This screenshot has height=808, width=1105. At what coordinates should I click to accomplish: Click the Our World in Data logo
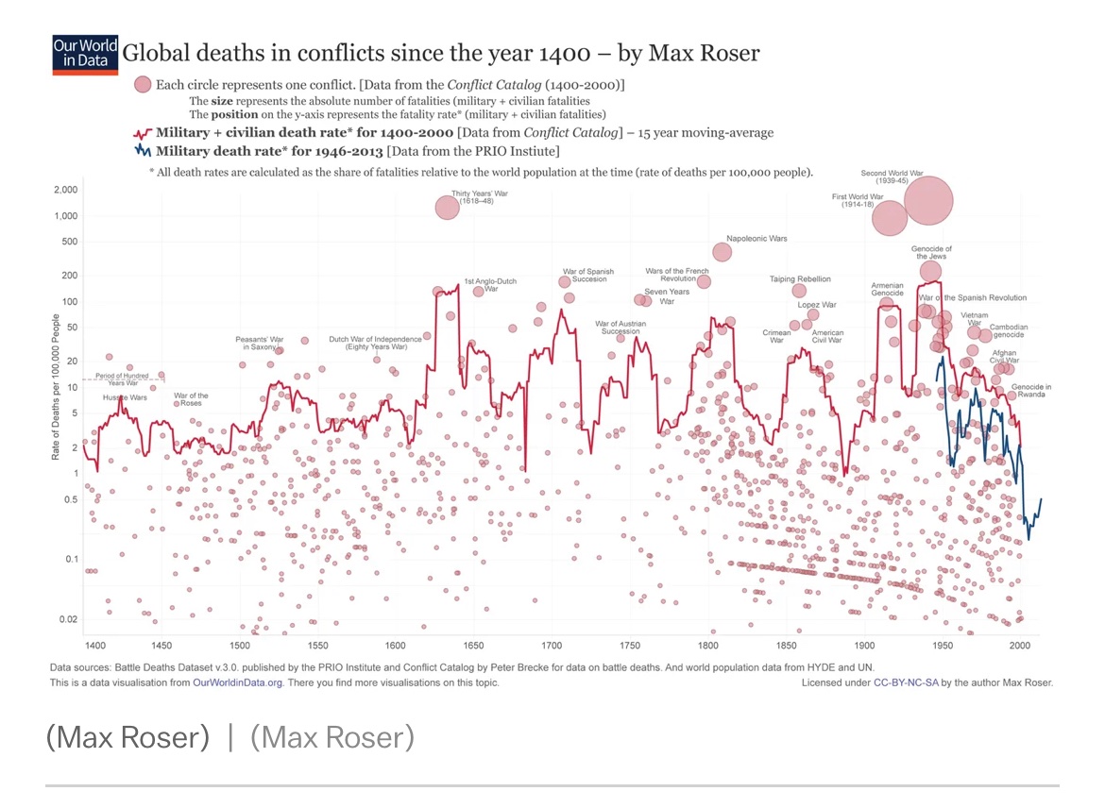point(85,55)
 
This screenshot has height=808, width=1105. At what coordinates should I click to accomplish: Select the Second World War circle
point(928,200)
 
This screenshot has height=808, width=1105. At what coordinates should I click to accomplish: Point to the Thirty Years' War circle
point(448,207)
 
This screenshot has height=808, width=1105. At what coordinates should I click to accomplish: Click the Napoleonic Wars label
point(756,239)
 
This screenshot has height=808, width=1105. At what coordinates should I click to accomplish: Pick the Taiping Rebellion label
point(800,279)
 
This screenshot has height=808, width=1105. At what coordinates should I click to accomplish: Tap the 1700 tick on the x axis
point(552,645)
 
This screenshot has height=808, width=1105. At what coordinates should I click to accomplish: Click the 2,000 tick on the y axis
point(63,190)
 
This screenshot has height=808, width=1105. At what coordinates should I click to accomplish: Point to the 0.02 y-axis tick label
point(65,619)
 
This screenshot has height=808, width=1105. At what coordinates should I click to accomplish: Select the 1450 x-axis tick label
point(161,645)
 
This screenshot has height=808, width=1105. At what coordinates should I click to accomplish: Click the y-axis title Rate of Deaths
point(57,387)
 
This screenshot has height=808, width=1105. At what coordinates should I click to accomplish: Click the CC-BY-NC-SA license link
point(912,682)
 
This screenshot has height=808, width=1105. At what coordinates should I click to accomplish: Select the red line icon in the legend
point(143,133)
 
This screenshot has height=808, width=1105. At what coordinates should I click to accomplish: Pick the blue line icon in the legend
point(143,150)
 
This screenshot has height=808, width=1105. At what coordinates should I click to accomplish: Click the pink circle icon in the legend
point(143,85)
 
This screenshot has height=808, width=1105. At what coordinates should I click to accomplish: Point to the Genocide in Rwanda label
point(1030,391)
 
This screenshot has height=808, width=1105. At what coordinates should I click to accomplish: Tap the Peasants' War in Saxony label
point(260,343)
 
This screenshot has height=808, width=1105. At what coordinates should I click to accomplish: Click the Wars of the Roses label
point(191,399)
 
